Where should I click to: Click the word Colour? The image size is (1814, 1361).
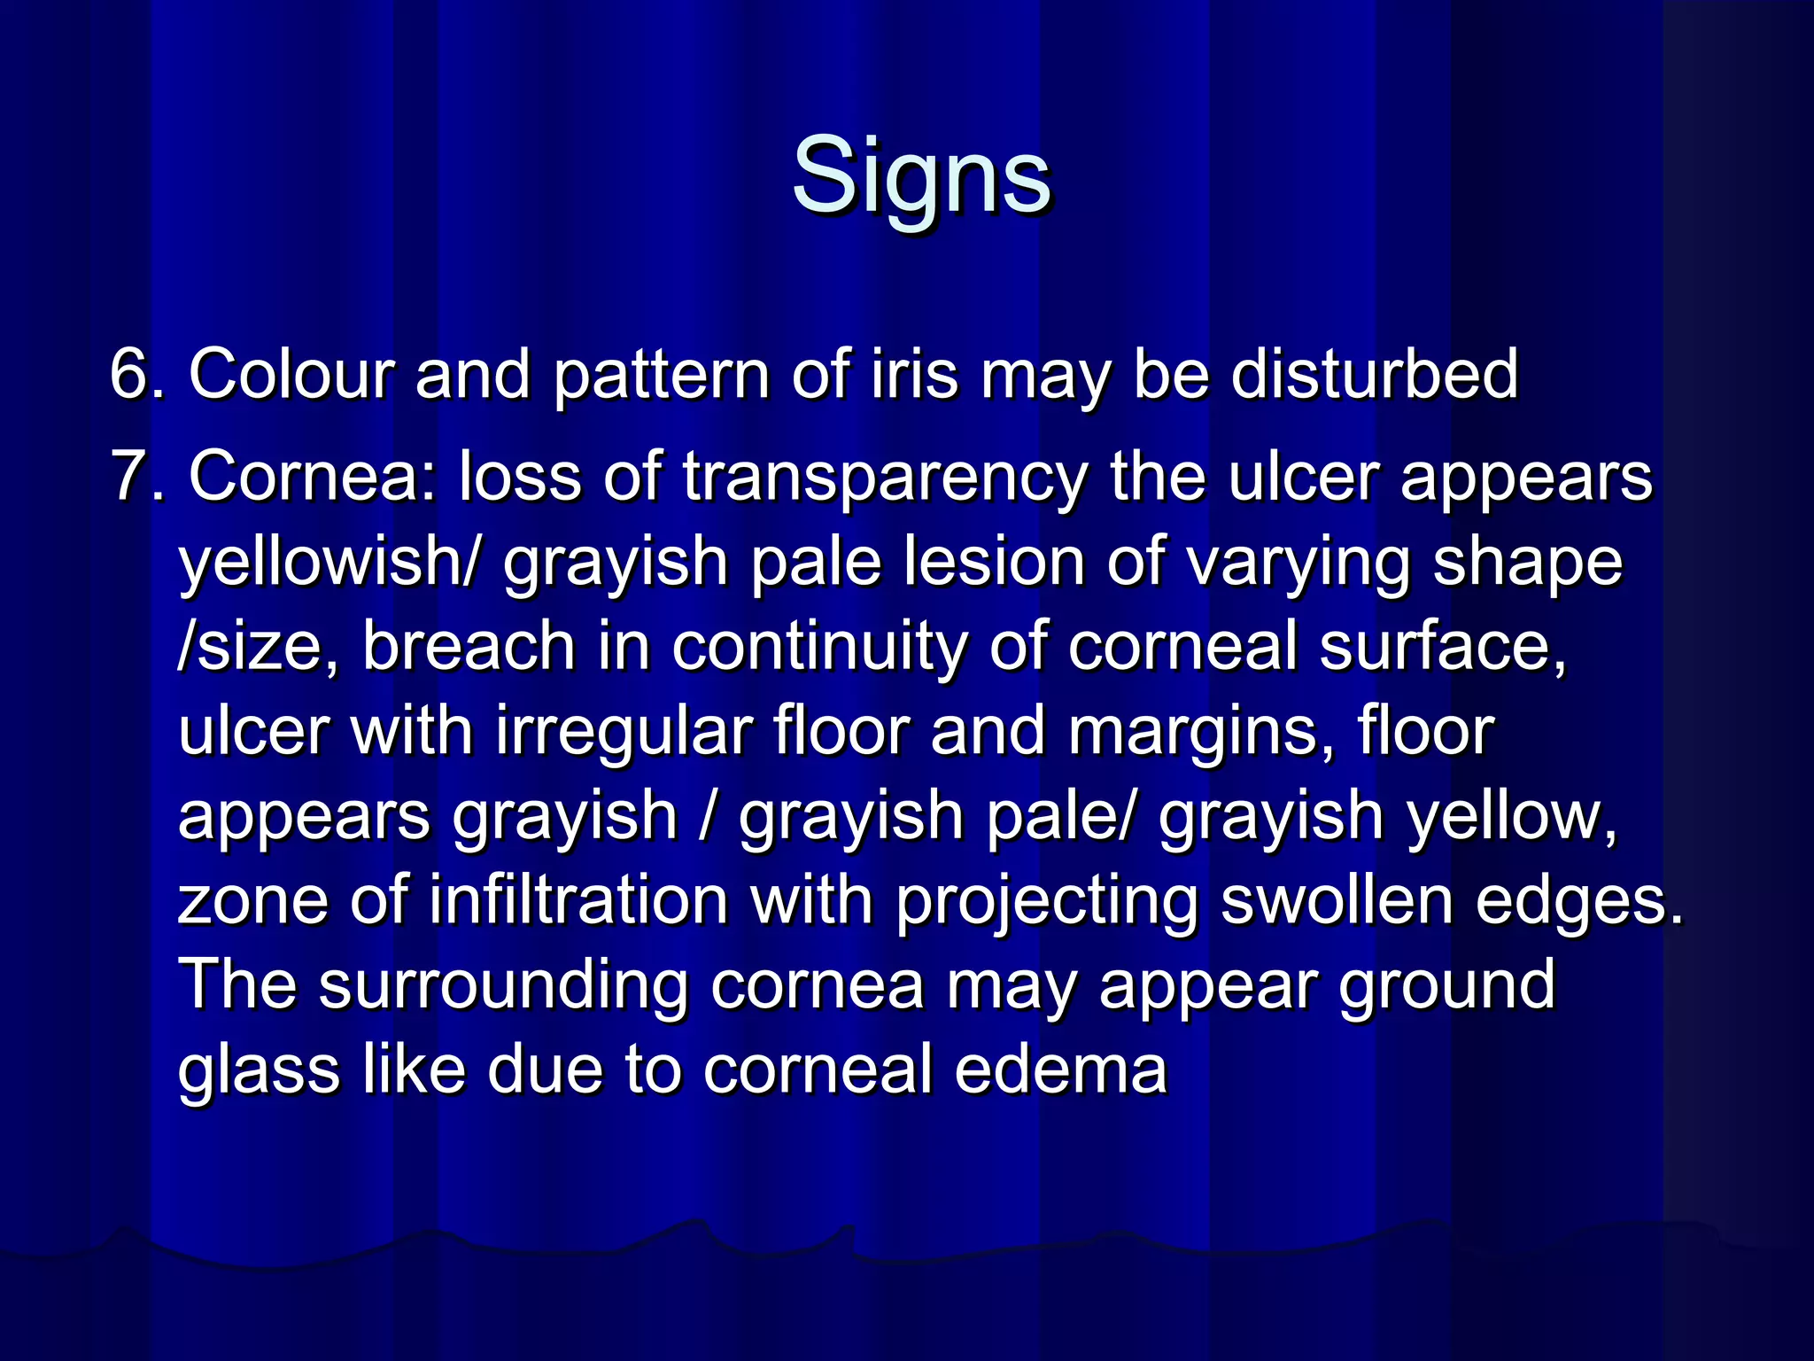290,375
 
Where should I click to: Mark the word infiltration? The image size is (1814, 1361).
578,900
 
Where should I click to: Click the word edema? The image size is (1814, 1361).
1061,1069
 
